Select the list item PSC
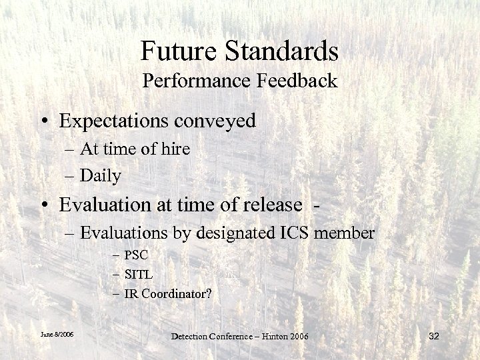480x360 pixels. (x=139, y=255)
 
